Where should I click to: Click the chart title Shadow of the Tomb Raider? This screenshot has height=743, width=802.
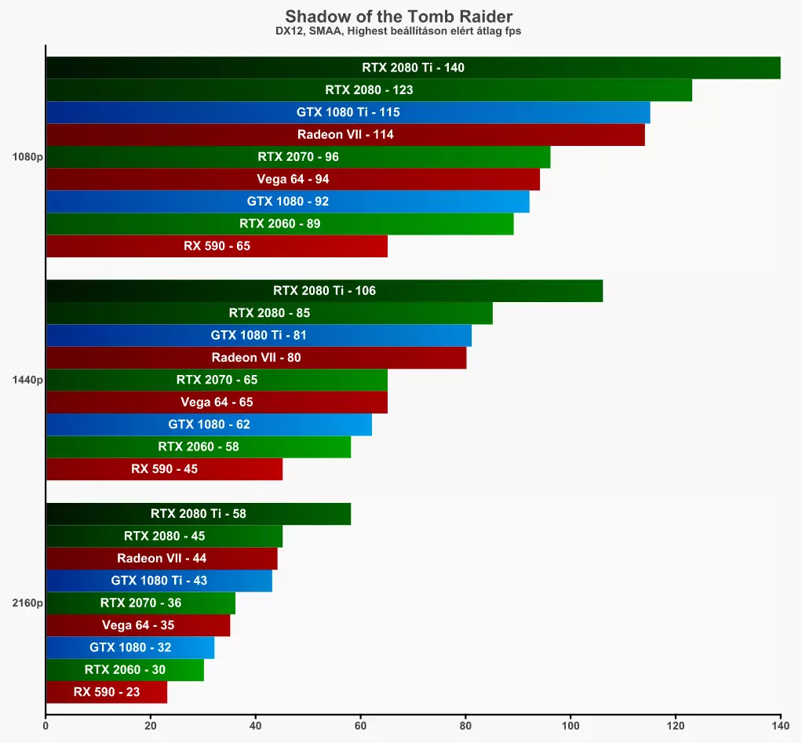pyautogui.click(x=399, y=16)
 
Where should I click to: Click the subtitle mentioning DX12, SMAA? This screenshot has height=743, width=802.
pyautogui.click(x=399, y=31)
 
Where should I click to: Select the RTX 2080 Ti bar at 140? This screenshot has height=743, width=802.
pyautogui.click(x=414, y=67)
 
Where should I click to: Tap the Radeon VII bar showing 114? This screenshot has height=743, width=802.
pyautogui.click(x=345, y=134)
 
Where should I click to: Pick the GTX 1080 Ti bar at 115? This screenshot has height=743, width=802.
pyautogui.click(x=348, y=112)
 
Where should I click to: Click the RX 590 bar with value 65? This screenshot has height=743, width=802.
pyautogui.click(x=217, y=246)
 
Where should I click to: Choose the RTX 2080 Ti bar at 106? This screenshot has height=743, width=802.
pyautogui.click(x=324, y=290)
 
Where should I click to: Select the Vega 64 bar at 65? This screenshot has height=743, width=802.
pyautogui.click(x=217, y=402)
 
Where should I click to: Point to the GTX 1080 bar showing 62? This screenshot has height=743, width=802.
pyautogui.click(x=210, y=424)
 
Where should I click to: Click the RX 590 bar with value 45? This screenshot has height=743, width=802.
pyautogui.click(x=164, y=469)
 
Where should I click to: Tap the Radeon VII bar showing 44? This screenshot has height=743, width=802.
pyautogui.click(x=162, y=558)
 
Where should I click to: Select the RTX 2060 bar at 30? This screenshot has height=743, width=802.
pyautogui.click(x=125, y=669)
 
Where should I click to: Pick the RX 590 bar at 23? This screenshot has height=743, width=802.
pyautogui.click(x=107, y=692)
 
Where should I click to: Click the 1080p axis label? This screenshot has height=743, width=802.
pyautogui.click(x=27, y=157)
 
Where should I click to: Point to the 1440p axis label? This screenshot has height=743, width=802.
pyautogui.click(x=27, y=380)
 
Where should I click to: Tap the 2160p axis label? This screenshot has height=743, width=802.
pyautogui.click(x=27, y=603)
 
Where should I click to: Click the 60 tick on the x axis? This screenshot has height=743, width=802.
pyautogui.click(x=361, y=726)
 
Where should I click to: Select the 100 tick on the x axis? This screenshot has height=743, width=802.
pyautogui.click(x=571, y=726)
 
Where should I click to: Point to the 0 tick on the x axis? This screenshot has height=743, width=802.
pyautogui.click(x=46, y=726)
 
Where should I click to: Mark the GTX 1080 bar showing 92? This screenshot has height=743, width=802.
pyautogui.click(x=288, y=202)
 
